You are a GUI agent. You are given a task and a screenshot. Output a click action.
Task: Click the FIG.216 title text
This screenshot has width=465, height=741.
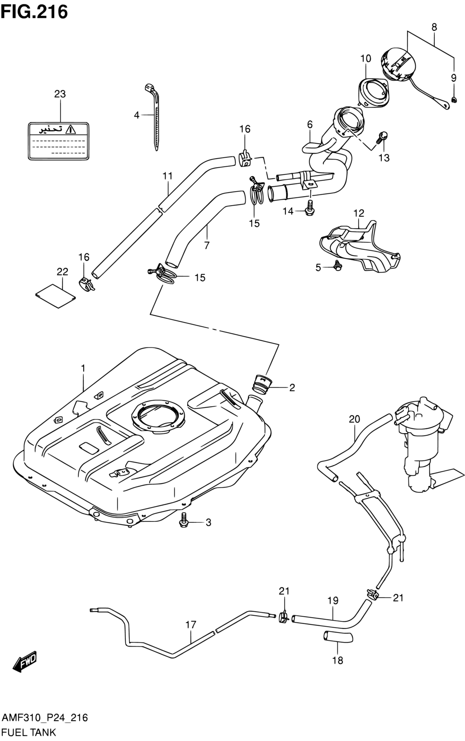coord(34,12)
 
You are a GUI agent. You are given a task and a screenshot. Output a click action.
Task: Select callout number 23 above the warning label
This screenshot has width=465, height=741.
coord(60,94)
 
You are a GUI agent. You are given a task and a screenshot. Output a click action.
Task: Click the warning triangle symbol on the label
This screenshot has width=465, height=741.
coord(71,129)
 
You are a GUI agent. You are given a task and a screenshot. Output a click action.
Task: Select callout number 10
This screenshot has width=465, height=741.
coord(365,59)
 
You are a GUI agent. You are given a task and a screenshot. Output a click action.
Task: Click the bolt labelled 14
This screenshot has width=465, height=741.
coord(309,207)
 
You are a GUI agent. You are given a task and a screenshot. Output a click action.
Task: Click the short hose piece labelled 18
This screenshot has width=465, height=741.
coord(338,636)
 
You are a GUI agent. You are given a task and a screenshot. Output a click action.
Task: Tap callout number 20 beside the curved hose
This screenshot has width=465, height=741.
coord(354,419)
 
